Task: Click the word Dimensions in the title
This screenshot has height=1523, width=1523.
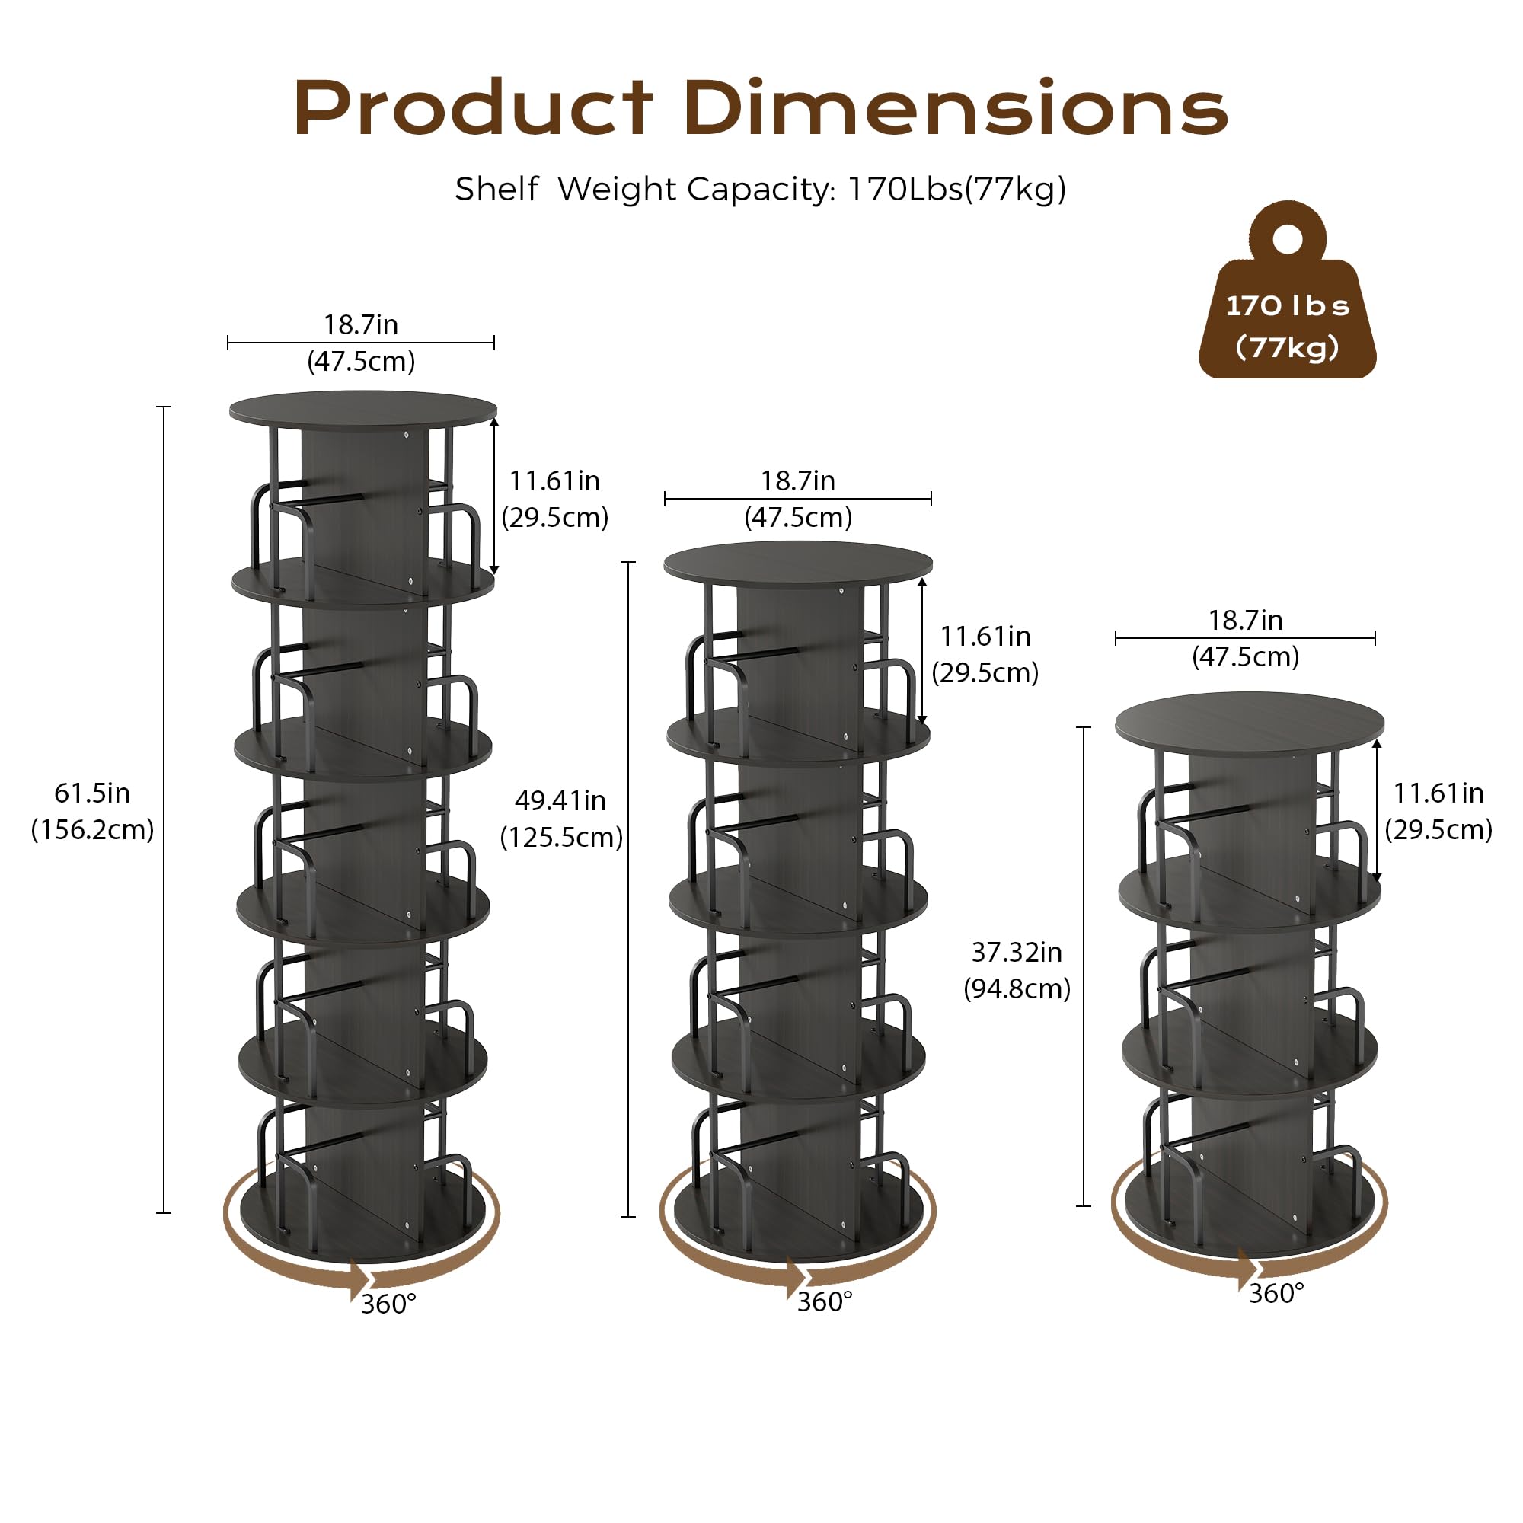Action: pos(956,108)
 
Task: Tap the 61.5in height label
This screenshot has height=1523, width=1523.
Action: pos(92,793)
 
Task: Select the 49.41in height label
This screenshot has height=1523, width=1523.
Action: pos(560,801)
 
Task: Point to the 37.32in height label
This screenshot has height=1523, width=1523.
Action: pos(1017,953)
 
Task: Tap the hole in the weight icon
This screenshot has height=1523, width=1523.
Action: pos(1287,240)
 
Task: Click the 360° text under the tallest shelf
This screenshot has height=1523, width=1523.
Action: pos(388,1304)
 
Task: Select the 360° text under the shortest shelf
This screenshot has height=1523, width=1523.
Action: pos(1276,1294)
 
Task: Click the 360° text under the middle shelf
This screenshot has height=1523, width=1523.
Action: pos(825,1301)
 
